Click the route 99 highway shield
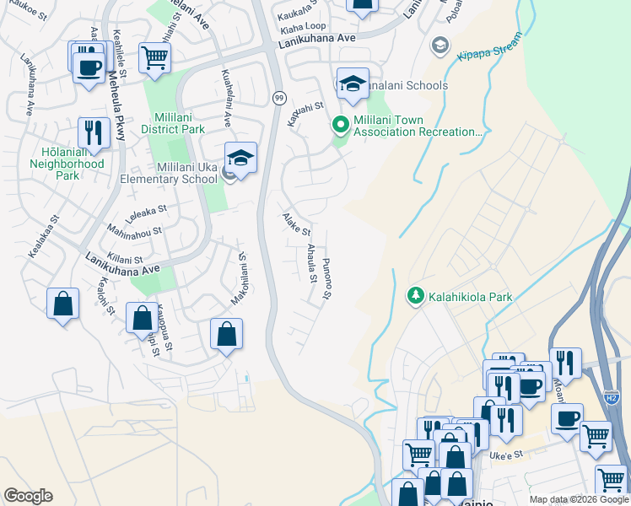pyautogui.click(x=278, y=98)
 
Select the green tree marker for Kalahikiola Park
pyautogui.click(x=415, y=296)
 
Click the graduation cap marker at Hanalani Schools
pyautogui.click(x=353, y=83)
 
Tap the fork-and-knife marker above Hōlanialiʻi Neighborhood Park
pyautogui.click(x=94, y=132)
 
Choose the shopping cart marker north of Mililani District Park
pyautogui.click(x=154, y=57)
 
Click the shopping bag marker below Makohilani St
pyautogui.click(x=226, y=334)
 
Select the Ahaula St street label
pyautogui.click(x=311, y=263)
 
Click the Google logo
pyautogui.click(x=28, y=496)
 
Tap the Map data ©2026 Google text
pyautogui.click(x=579, y=499)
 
